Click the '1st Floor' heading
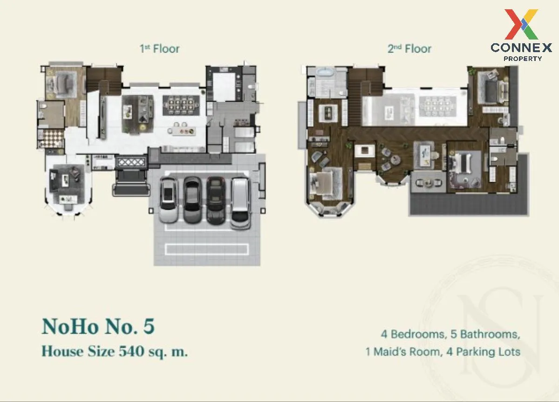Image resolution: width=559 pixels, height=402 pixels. pyautogui.click(x=159, y=48)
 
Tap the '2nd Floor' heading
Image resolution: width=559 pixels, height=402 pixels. pyautogui.click(x=409, y=48)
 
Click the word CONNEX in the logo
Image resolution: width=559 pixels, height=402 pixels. pyautogui.click(x=521, y=47)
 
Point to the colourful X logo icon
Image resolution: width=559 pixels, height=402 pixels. pyautogui.click(x=521, y=24)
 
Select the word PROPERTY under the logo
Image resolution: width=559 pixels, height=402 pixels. pyautogui.click(x=523, y=59)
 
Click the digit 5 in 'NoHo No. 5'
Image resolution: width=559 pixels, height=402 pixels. pyautogui.click(x=149, y=326)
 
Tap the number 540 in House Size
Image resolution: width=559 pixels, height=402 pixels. pyautogui.click(x=131, y=351)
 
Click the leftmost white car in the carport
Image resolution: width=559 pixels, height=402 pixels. pyautogui.click(x=169, y=199)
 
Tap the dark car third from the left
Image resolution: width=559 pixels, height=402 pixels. pyautogui.click(x=216, y=200)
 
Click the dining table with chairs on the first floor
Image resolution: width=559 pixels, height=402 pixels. pyautogui.click(x=181, y=106)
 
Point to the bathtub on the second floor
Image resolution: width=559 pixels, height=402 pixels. pyautogui.click(x=327, y=73)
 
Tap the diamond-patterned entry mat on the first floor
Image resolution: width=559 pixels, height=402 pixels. pyautogui.click(x=131, y=162)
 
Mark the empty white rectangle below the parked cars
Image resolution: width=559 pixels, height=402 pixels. pyautogui.click(x=207, y=249)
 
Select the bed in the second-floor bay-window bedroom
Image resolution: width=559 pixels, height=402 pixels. pyautogui.click(x=324, y=184)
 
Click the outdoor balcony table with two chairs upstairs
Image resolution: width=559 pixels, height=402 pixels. pyautogui.click(x=428, y=183)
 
